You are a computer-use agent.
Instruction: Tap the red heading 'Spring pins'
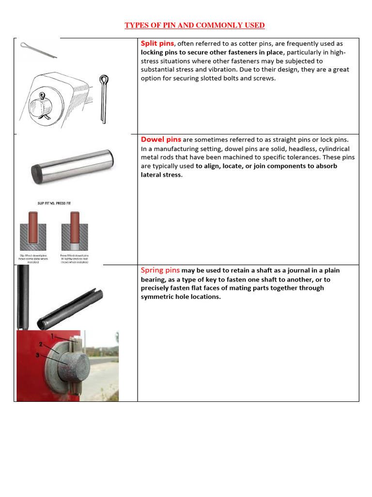(x=160, y=270)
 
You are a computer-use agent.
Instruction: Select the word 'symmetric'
(x=159, y=297)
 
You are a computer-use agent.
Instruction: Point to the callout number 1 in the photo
(x=52, y=336)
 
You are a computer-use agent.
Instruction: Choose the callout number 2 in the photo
(x=42, y=344)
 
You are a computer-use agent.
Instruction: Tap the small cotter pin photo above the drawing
(x=39, y=50)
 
